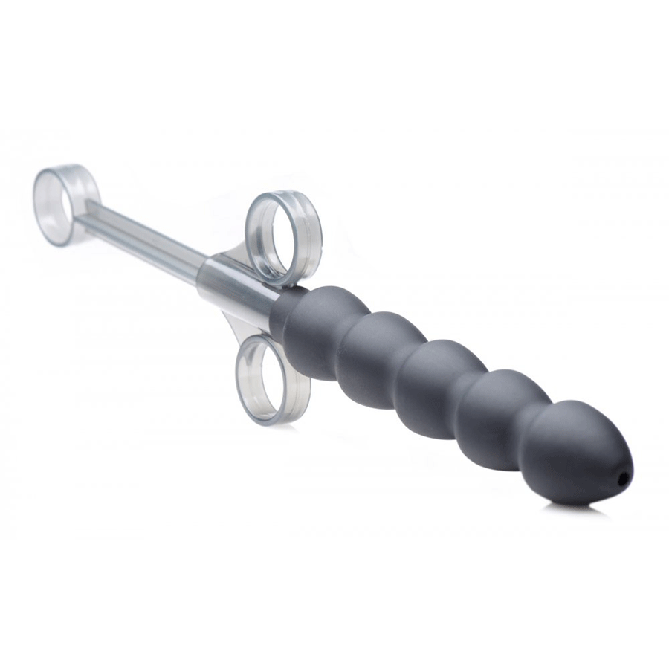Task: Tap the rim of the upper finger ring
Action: [x=309, y=223]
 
